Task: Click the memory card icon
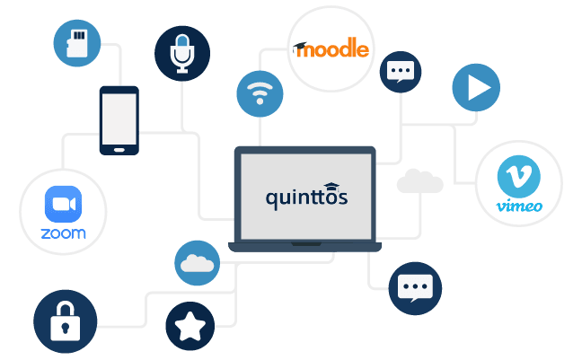tap(77, 43)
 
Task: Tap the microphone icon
tap(182, 54)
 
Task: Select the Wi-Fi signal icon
tap(260, 92)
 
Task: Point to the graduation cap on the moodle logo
tap(300, 48)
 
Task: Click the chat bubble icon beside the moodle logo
tap(401, 71)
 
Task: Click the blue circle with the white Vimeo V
tap(518, 177)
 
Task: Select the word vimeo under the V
tap(519, 206)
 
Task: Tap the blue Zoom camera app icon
tap(63, 204)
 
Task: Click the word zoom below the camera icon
tap(63, 233)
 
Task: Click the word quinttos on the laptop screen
tap(306, 198)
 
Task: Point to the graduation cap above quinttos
tap(331, 187)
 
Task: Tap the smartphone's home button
tap(119, 150)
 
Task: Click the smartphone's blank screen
tap(119, 119)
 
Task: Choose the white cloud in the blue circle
tap(197, 264)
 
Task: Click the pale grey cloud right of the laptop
tap(419, 180)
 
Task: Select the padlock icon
tap(66, 321)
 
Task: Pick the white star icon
tap(190, 326)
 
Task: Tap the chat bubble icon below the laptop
tap(415, 288)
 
